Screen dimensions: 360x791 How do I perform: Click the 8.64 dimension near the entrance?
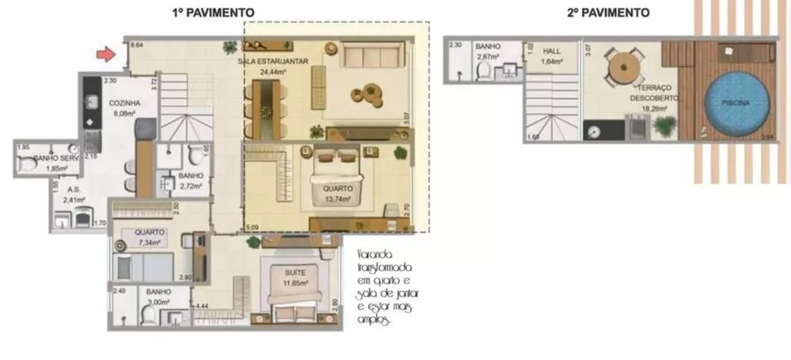pos(136,46)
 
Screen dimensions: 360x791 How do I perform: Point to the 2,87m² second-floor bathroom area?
pos(486,58)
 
